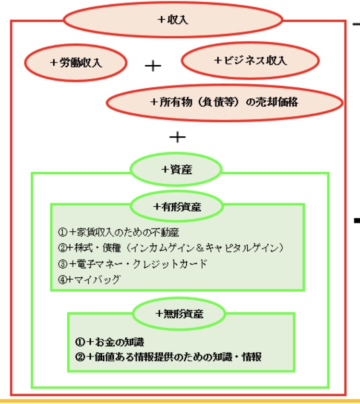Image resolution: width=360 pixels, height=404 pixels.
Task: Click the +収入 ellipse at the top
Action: tap(173, 20)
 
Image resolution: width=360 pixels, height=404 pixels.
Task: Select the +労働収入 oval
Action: tap(76, 62)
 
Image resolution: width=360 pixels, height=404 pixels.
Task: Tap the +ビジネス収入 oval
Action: tap(250, 60)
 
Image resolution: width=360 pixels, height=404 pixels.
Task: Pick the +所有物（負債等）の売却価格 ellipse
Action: tap(225, 102)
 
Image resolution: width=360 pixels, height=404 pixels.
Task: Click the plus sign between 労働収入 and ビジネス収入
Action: tap(153, 66)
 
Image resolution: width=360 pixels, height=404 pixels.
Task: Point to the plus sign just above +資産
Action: tap(178, 137)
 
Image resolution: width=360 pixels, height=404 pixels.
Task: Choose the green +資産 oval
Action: tap(176, 169)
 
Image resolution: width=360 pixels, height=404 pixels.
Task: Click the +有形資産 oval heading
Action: tap(177, 207)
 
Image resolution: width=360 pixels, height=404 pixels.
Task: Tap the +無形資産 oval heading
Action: tap(180, 314)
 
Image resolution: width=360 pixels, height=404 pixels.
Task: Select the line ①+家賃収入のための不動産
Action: tap(119, 232)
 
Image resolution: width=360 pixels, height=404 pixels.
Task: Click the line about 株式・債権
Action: tap(171, 248)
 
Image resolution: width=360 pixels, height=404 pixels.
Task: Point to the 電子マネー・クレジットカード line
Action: tap(132, 264)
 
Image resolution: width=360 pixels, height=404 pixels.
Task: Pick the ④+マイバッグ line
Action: tap(89, 279)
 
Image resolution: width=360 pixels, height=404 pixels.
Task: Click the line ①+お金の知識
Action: tap(109, 342)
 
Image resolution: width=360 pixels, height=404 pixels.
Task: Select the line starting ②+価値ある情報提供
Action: tap(168, 357)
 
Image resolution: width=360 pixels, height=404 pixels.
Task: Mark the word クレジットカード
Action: tap(170, 264)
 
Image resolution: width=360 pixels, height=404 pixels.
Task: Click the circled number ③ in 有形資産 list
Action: tap(62, 264)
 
